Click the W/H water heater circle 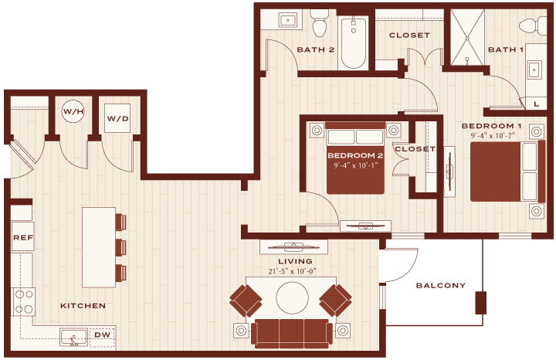pyautogui.click(x=73, y=112)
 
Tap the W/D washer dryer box pyautogui.click(x=117, y=118)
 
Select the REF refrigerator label pyautogui.click(x=23, y=238)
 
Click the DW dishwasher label pyautogui.click(x=102, y=335)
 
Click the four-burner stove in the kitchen pyautogui.click(x=24, y=301)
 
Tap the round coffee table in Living pyautogui.click(x=292, y=298)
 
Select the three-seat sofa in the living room pyautogui.click(x=292, y=333)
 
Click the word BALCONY pyautogui.click(x=440, y=286)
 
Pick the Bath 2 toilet pyautogui.click(x=320, y=23)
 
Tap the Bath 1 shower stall pyautogui.click(x=467, y=37)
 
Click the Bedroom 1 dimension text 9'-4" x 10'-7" pyautogui.click(x=493, y=135)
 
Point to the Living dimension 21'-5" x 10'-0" pyautogui.click(x=292, y=271)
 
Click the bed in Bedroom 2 pyautogui.click(x=355, y=158)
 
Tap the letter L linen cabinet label pyautogui.click(x=537, y=104)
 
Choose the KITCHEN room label pyautogui.click(x=83, y=306)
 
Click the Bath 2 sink pyautogui.click(x=288, y=20)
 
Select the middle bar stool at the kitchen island pyautogui.click(x=120, y=247)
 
